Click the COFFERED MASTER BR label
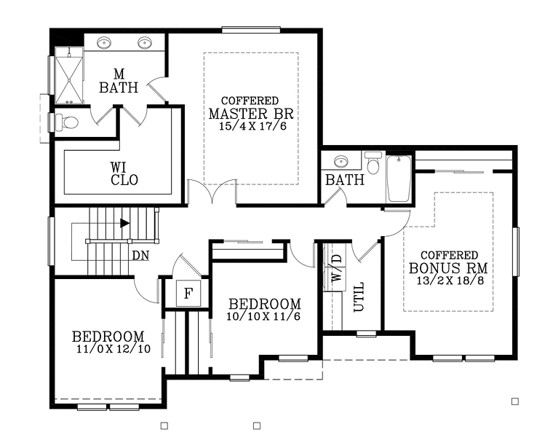point(250,109)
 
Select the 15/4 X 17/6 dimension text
point(250,126)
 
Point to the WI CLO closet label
point(119,173)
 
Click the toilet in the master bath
point(68,122)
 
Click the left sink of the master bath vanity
point(104,42)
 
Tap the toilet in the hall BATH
point(373,164)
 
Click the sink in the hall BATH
point(340,162)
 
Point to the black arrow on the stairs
point(125,223)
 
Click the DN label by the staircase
point(141,256)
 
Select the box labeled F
point(188,294)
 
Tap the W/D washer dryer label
point(335,268)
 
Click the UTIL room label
point(358,297)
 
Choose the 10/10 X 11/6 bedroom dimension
point(264,317)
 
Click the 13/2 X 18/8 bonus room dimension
point(449,281)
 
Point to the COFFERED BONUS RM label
point(449,262)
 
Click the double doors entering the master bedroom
point(212,194)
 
